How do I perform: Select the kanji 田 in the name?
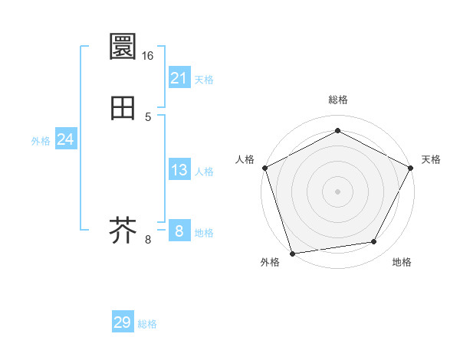click(123, 108)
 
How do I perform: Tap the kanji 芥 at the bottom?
click(123, 229)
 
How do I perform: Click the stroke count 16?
click(148, 55)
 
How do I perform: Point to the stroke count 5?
click(148, 117)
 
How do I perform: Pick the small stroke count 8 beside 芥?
click(148, 240)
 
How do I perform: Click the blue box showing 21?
click(179, 77)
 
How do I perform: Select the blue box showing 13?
click(179, 170)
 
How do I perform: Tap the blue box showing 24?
click(66, 139)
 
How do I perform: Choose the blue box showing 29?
click(123, 322)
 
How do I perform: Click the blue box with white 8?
click(179, 231)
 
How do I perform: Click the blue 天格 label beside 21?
click(204, 80)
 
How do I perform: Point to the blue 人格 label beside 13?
click(204, 172)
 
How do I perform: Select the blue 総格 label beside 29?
click(147, 324)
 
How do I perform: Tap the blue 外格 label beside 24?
click(41, 141)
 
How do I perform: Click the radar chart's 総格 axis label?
click(337, 100)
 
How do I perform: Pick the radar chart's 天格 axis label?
click(431, 159)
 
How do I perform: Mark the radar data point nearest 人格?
click(264, 167)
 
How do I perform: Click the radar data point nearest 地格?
click(374, 242)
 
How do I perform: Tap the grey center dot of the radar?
click(337, 191)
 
